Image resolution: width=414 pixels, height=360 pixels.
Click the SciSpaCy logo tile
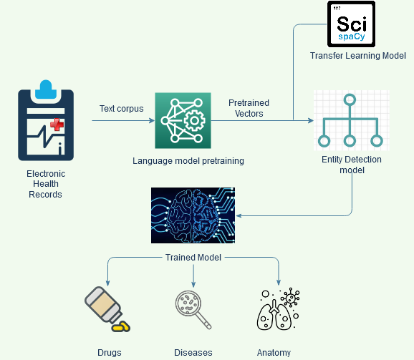point(350,24)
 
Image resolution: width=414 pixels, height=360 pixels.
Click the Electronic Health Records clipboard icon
point(46,124)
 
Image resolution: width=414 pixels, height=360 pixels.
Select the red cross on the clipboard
point(56,124)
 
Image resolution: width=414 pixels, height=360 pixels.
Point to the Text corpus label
point(121,109)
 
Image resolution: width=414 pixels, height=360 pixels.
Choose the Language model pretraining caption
point(188,161)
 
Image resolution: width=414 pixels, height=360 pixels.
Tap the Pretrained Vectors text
point(249,108)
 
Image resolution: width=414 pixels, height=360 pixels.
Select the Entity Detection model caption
point(352,165)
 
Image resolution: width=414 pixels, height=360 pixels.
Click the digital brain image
point(194,215)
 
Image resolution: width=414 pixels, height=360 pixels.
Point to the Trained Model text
point(193,257)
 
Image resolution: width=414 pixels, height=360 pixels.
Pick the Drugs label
point(110,352)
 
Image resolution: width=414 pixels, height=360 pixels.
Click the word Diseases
point(193,352)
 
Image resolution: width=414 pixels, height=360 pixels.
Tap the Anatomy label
point(274,352)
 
